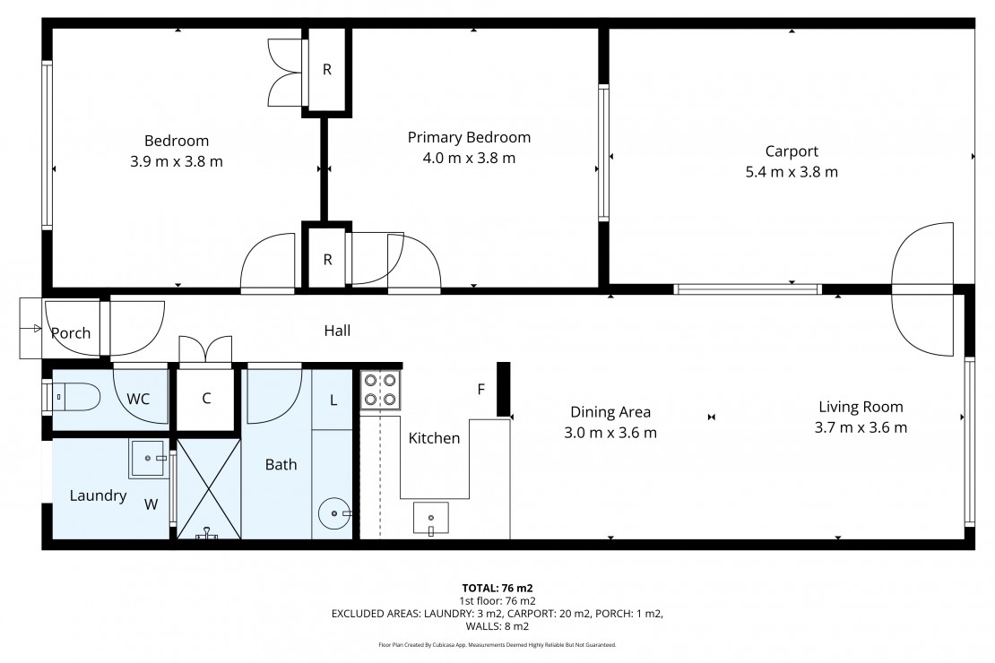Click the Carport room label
pyautogui.click(x=792, y=151)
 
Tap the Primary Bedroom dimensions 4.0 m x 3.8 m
pyautogui.click(x=469, y=158)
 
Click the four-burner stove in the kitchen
pyautogui.click(x=380, y=390)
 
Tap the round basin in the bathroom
pyautogui.click(x=334, y=512)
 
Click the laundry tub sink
pyautogui.click(x=148, y=458)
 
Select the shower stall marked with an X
pyautogui.click(x=208, y=488)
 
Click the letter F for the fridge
pyautogui.click(x=481, y=390)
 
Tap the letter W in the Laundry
pyautogui.click(x=151, y=504)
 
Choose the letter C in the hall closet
pyautogui.click(x=206, y=399)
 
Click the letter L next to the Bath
pyautogui.click(x=333, y=400)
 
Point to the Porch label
pyautogui.click(x=71, y=333)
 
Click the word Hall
pyautogui.click(x=337, y=331)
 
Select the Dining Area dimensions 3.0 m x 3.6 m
pyautogui.click(x=610, y=433)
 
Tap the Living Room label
pyautogui.click(x=861, y=407)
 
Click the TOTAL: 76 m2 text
pyautogui.click(x=497, y=588)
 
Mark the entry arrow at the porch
pyautogui.click(x=30, y=329)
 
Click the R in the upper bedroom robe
pyautogui.click(x=327, y=70)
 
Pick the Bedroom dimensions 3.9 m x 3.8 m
pyautogui.click(x=177, y=162)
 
